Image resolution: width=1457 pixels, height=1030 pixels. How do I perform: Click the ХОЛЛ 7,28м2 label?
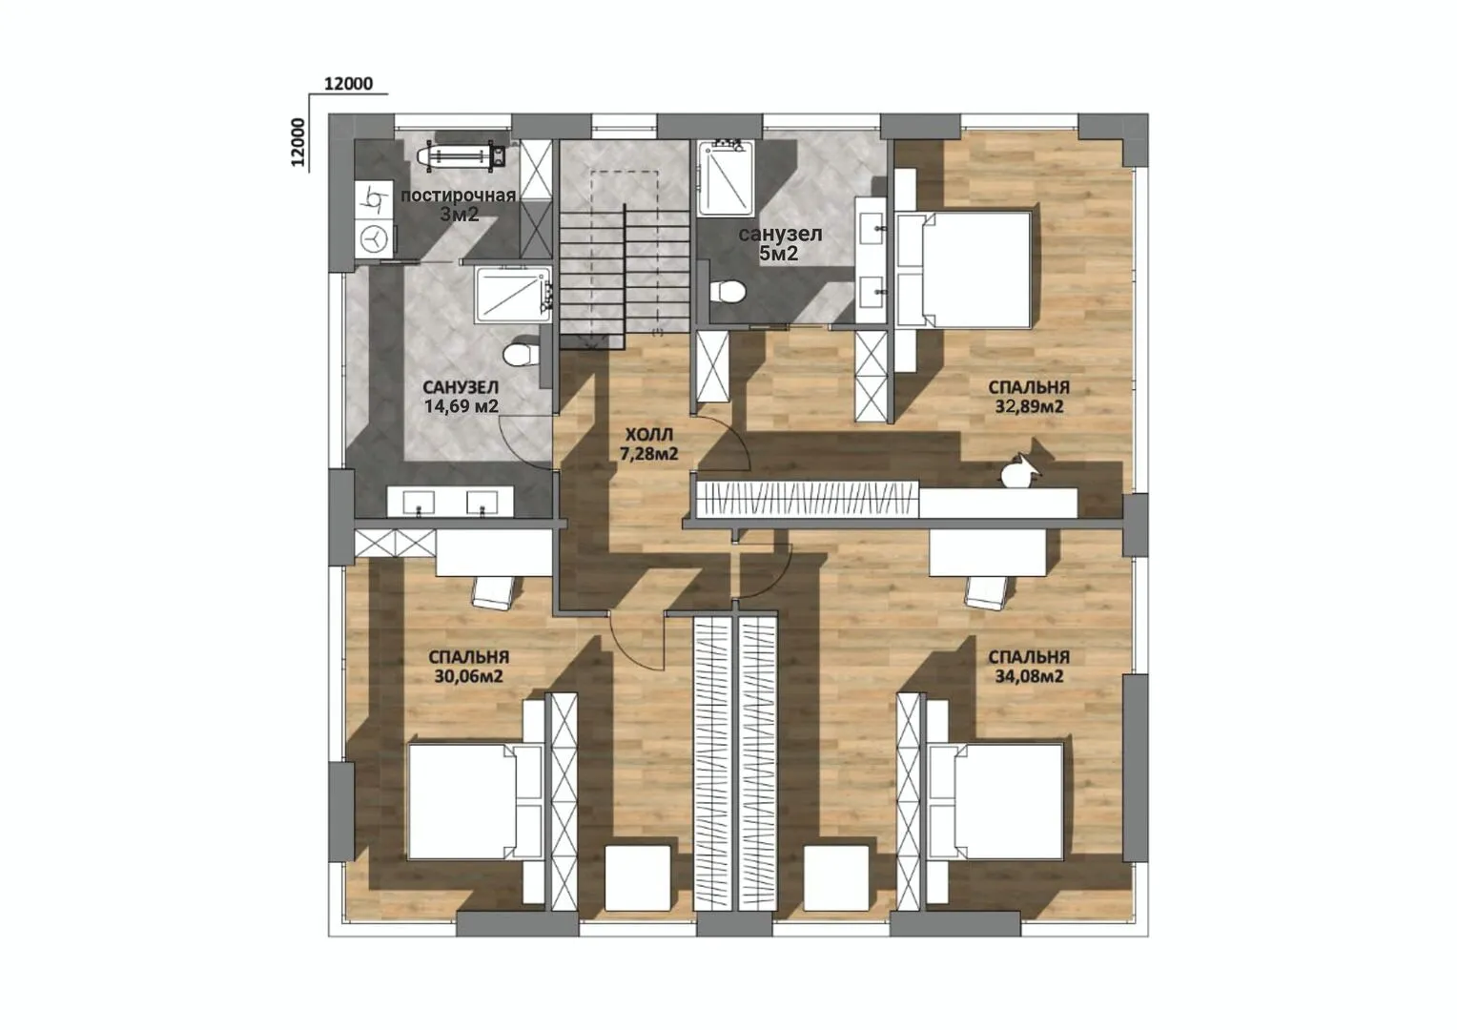(648, 444)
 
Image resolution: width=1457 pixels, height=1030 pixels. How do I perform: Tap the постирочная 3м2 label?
(459, 204)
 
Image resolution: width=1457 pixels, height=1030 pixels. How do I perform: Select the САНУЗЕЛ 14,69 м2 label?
(461, 397)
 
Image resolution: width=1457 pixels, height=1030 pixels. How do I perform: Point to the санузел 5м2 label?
(780, 243)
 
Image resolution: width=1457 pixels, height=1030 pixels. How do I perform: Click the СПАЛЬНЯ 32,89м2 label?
(1029, 397)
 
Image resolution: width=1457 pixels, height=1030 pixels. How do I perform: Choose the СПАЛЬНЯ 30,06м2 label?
(468, 667)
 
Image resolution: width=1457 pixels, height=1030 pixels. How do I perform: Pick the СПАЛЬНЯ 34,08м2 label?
(1029, 667)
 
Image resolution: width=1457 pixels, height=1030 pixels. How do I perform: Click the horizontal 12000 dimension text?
(349, 84)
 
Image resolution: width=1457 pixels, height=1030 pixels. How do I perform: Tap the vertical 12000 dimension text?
(298, 142)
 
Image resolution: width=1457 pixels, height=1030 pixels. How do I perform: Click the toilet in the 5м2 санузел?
(728, 291)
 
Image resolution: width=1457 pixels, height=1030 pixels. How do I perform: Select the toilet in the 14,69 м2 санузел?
(521, 356)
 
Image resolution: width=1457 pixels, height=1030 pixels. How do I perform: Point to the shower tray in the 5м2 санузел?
(727, 178)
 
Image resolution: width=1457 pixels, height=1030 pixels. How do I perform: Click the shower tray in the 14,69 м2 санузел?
(513, 295)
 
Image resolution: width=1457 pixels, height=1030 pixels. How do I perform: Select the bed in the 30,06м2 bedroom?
(475, 802)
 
